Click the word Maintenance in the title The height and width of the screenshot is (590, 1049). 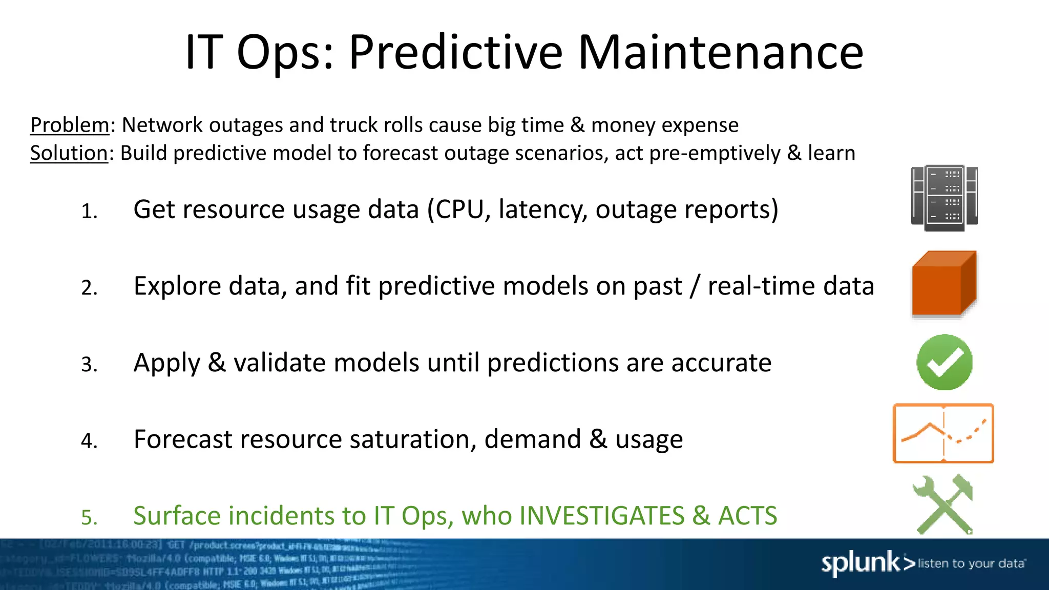[x=721, y=52]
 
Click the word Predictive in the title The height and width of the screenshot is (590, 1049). [x=455, y=53]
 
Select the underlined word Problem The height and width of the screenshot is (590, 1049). [x=70, y=125]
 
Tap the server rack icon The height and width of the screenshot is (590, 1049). [x=944, y=198]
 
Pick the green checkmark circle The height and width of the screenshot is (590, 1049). [x=944, y=362]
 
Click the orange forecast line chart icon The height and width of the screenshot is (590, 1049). [x=943, y=433]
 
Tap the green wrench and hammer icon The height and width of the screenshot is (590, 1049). [x=943, y=504]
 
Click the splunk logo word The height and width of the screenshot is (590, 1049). [x=861, y=563]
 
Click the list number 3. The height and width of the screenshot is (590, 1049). [x=89, y=365]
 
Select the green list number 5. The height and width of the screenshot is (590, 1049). [x=89, y=518]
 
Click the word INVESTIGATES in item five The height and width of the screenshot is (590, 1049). [x=601, y=516]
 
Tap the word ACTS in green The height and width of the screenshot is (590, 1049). [x=747, y=516]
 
